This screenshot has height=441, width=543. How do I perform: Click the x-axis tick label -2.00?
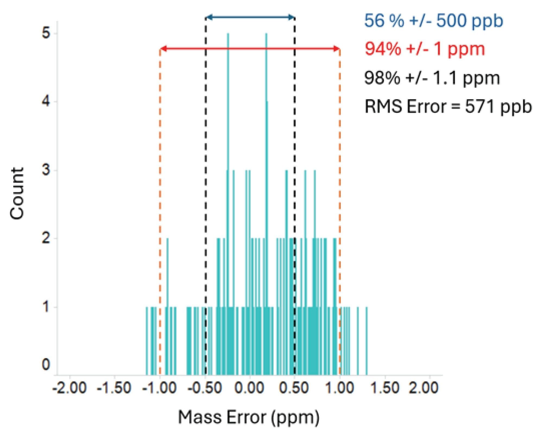coord(70,388)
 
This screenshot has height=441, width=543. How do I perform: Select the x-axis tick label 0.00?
coord(249,388)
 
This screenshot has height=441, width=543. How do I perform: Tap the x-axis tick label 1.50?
coord(385,388)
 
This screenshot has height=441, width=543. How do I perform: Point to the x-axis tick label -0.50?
coord(204,388)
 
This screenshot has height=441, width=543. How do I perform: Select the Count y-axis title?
coord(17,193)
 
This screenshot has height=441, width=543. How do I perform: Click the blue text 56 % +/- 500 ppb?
coord(433,21)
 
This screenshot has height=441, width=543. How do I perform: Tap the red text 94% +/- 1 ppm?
coord(425,49)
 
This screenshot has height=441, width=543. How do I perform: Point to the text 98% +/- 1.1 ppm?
coord(432,78)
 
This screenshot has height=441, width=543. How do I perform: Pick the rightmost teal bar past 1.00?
coord(367,341)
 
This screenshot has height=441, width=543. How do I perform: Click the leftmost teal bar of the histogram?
coord(147,341)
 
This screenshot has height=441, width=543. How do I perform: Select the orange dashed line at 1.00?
coord(340,190)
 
